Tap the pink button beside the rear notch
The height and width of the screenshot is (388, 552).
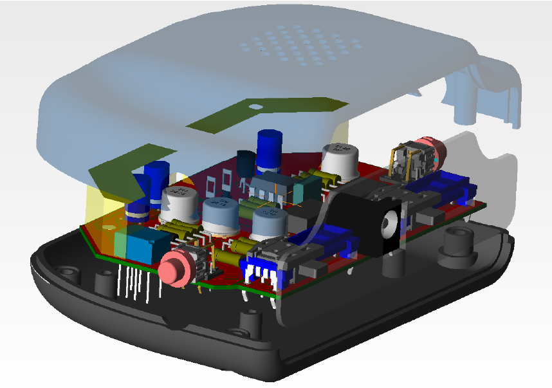pyautogui.click(x=427, y=149)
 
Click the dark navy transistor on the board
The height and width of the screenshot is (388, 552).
pyautogui.click(x=246, y=163)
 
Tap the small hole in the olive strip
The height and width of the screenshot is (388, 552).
pyautogui.click(x=255, y=107)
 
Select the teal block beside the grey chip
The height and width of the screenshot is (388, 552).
pyautogui.click(x=306, y=187)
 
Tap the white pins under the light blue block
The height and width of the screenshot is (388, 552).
pyautogui.click(x=138, y=284)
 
